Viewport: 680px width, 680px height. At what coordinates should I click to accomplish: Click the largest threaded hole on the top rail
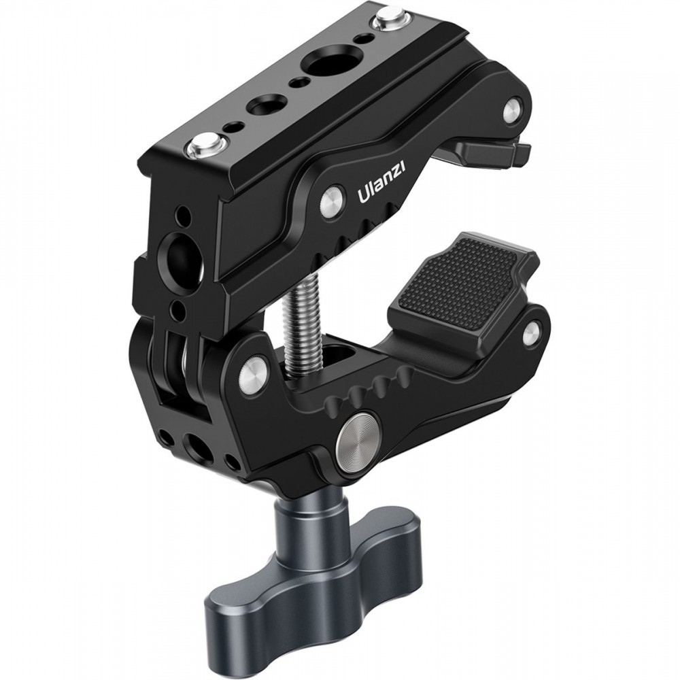coord(324,64)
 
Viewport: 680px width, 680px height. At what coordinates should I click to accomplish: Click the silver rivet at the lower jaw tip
coord(532,332)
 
